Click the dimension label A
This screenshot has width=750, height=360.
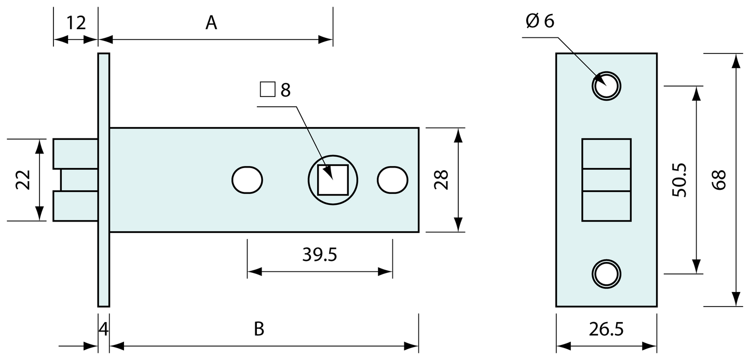click(x=211, y=23)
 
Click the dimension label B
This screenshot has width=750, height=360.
click(x=259, y=329)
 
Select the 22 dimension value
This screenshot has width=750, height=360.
click(x=23, y=180)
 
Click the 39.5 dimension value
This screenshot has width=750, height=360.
click(x=320, y=255)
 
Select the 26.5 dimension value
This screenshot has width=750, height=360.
click(x=606, y=329)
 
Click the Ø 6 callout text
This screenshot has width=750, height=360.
click(x=540, y=21)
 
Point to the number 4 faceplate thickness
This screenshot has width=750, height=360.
click(x=103, y=329)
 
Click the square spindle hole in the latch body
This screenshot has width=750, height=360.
click(x=333, y=179)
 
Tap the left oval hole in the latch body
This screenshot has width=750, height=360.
click(x=247, y=180)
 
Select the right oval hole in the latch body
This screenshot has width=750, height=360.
click(x=392, y=180)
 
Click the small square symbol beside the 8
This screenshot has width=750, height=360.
click(x=267, y=90)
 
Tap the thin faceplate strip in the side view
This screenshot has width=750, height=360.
click(x=103, y=179)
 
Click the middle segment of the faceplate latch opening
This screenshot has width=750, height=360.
click(x=606, y=180)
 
